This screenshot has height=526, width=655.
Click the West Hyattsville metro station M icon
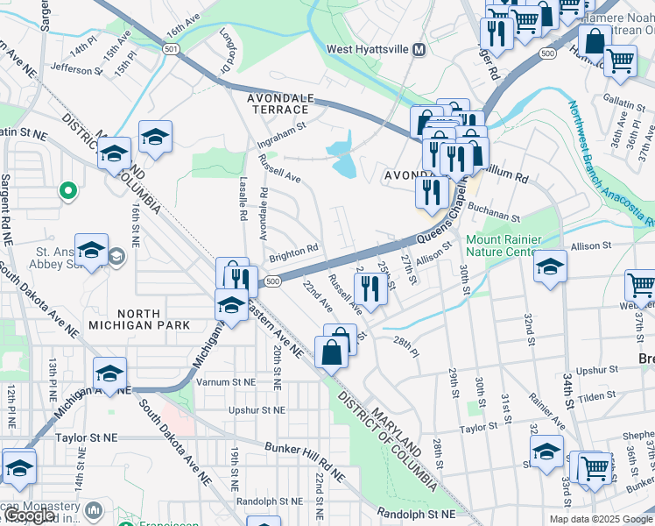[419, 49]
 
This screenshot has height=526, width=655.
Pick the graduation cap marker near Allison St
[550, 266]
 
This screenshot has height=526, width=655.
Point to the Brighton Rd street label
[293, 252]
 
